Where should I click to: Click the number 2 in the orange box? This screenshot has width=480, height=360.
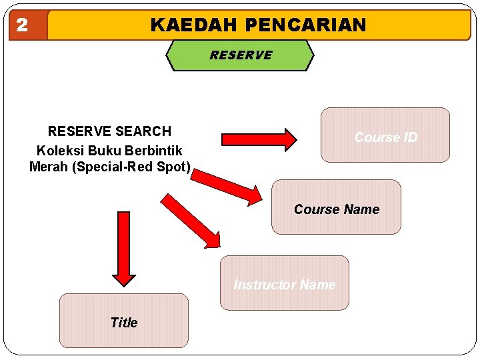click(x=22, y=25)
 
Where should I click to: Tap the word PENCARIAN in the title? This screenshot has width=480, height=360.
click(x=305, y=25)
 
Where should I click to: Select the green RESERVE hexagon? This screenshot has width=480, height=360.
click(x=240, y=55)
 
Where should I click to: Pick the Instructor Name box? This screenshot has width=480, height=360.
click(x=284, y=283)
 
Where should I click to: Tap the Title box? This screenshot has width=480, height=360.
click(x=124, y=321)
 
